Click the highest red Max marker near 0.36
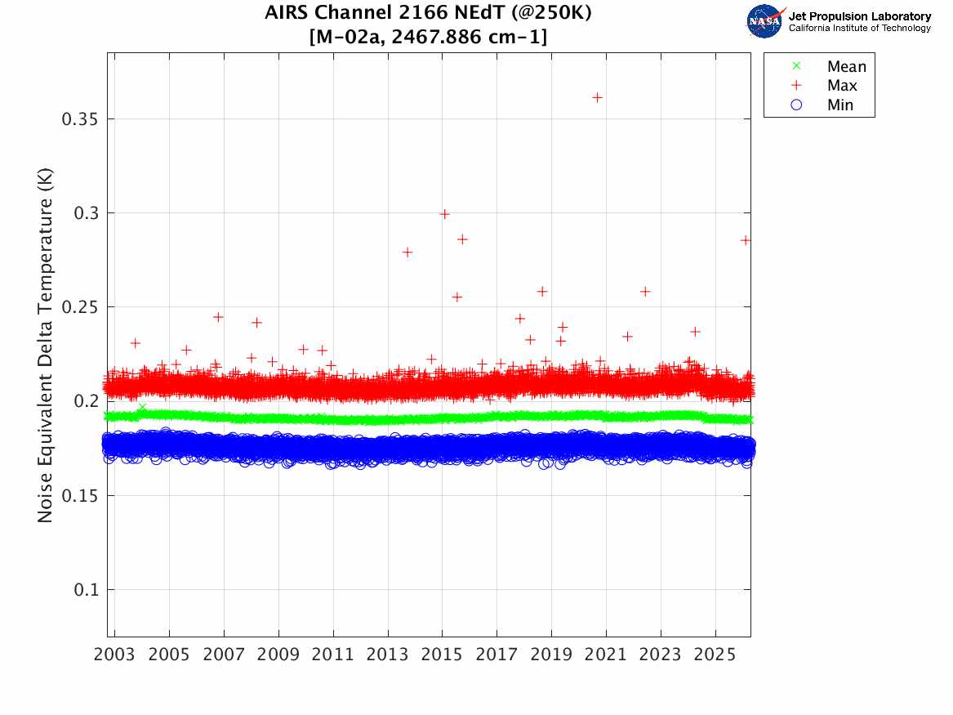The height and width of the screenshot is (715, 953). coord(597,97)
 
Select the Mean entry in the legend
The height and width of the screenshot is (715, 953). coord(846,67)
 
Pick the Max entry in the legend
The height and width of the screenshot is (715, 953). coord(842,86)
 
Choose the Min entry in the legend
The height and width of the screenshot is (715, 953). coord(840,105)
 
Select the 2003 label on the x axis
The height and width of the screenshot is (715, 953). coord(115,655)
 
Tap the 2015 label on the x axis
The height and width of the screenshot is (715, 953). coord(442,655)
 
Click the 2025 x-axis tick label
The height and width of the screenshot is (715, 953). coord(715,655)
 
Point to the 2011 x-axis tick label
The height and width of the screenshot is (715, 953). coord(333,655)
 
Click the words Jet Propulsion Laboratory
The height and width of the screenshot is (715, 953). coord(859,16)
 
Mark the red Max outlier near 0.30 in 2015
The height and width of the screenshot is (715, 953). coord(445,214)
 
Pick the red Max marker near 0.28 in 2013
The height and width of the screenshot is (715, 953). coord(407,252)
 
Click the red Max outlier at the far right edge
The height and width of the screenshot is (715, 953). coord(746,239)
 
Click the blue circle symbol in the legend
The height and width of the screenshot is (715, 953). coord(797,105)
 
